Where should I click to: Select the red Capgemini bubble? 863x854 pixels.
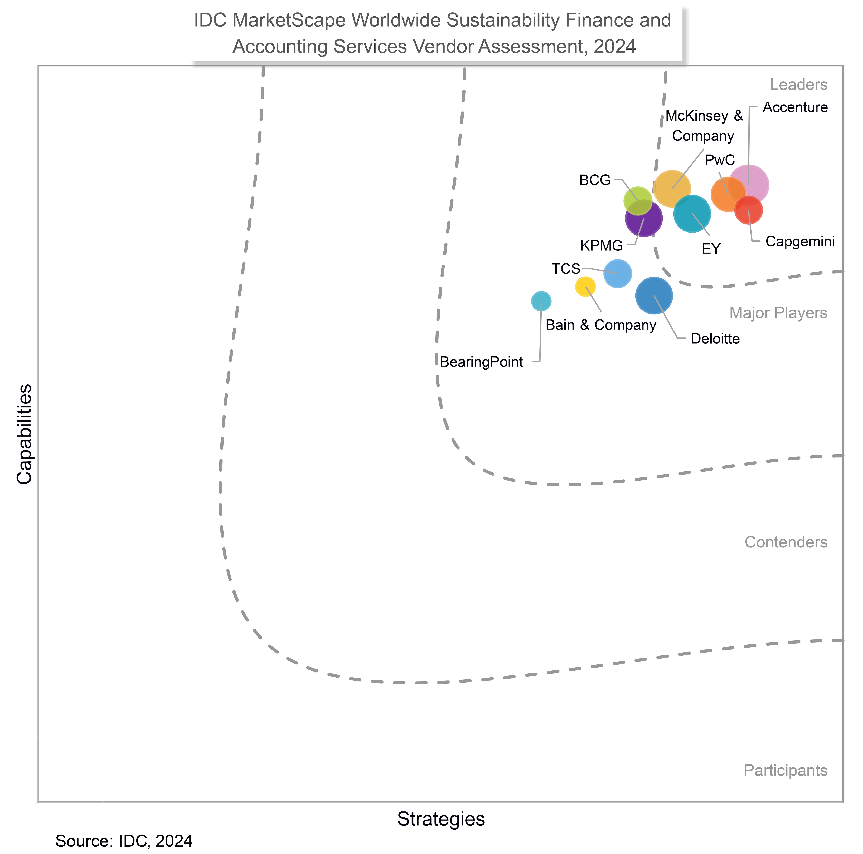click(749, 210)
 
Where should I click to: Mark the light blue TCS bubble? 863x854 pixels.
click(617, 273)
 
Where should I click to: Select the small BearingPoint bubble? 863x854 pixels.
click(541, 301)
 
